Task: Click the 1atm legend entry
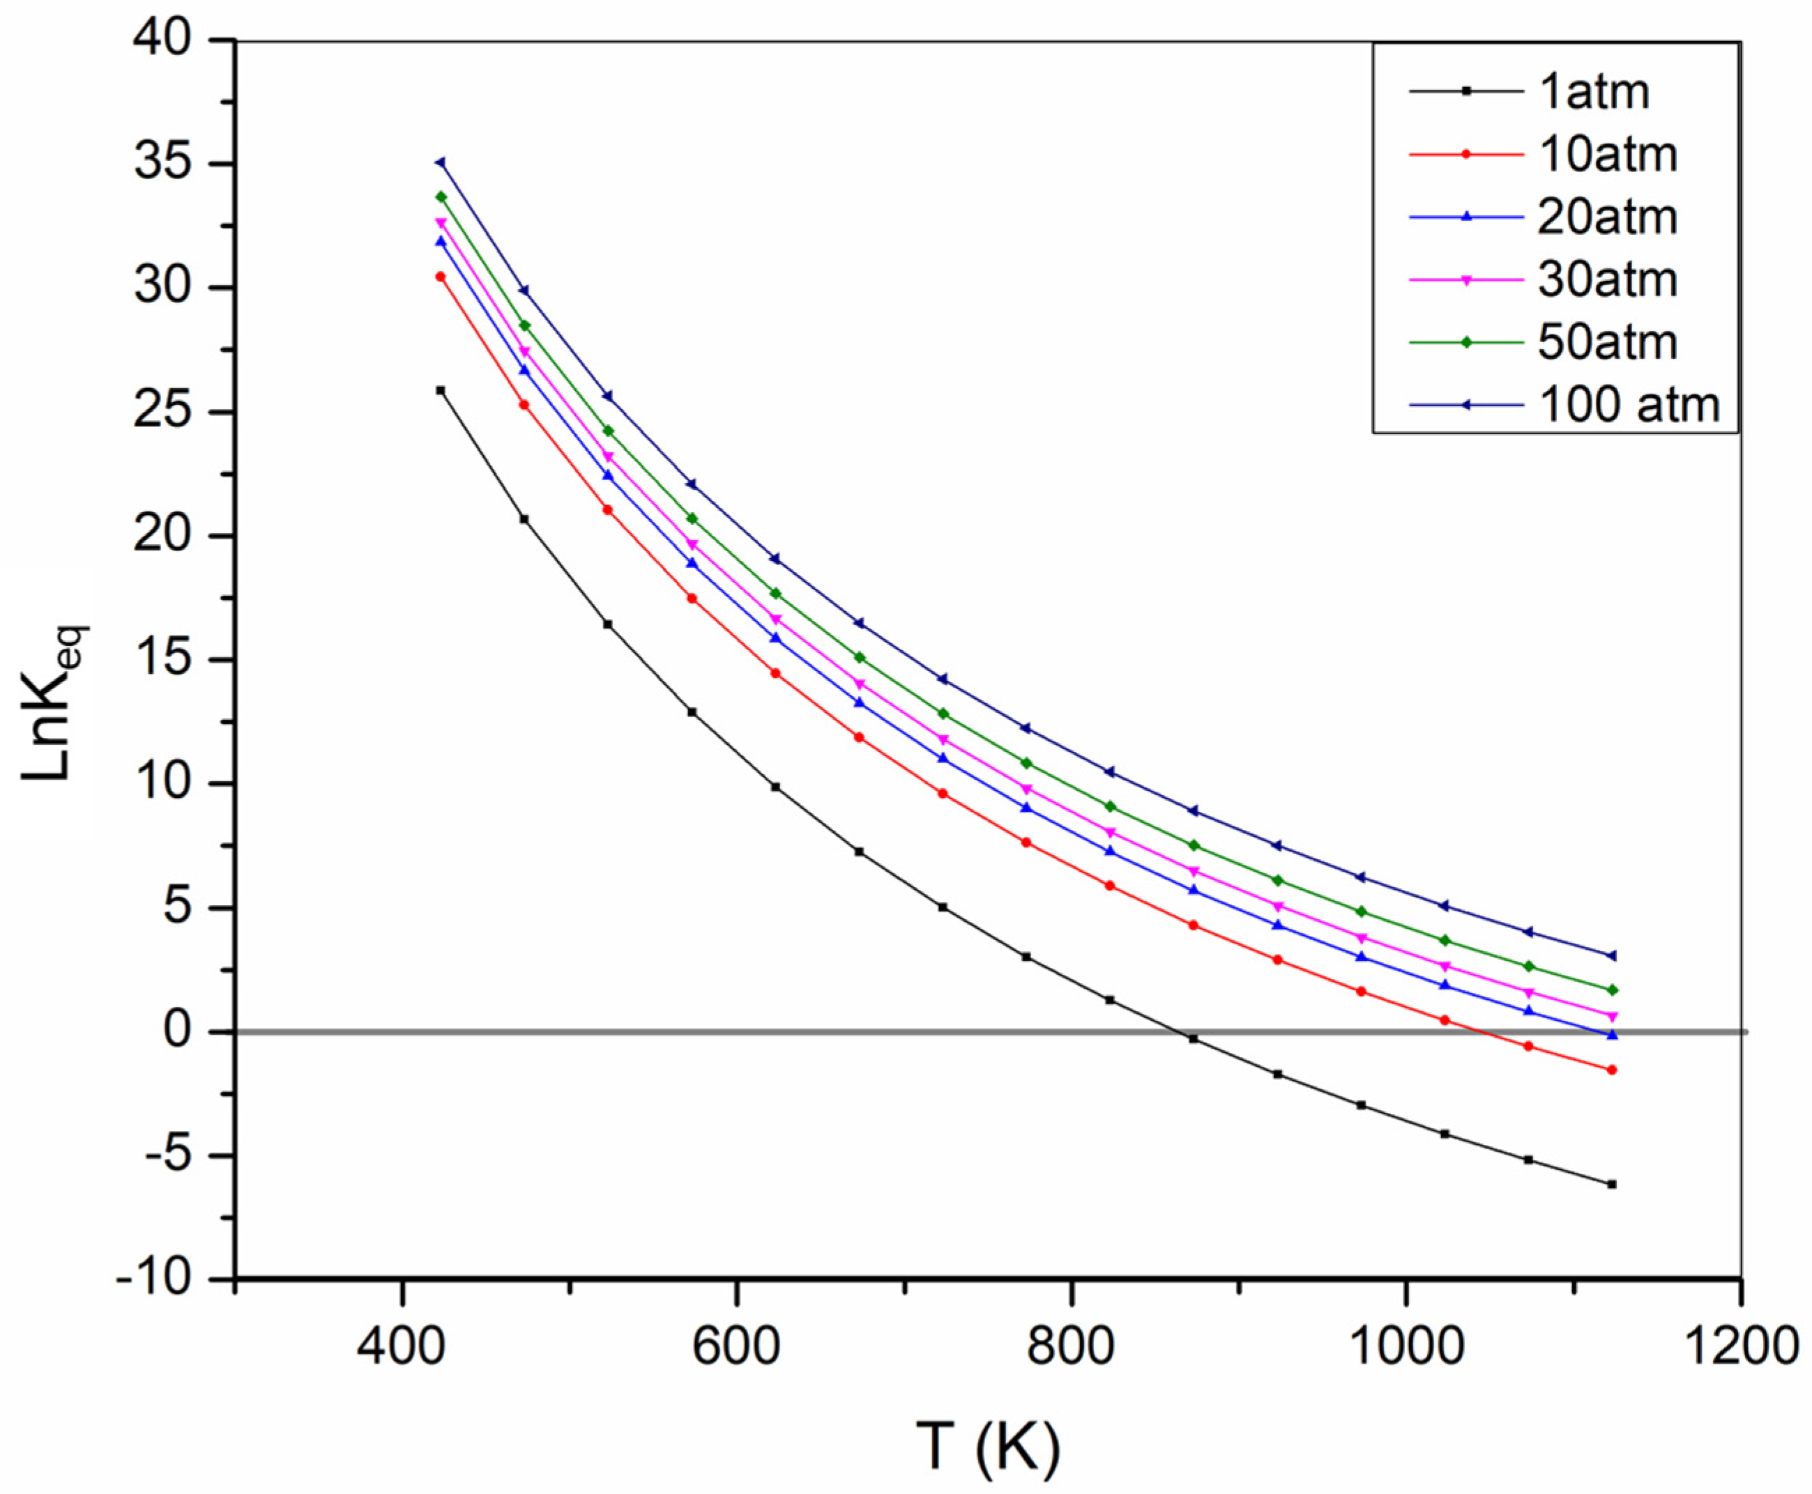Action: coord(1592,92)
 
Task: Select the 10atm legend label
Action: coord(1607,155)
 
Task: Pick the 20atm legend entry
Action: coord(1607,217)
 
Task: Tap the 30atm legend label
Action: coord(1607,279)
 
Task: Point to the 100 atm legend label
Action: coord(1629,404)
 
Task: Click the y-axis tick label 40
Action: coord(172,41)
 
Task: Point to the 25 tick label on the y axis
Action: coord(172,413)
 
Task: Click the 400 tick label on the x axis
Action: coord(402,1347)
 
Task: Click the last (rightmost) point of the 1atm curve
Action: coord(1611,1184)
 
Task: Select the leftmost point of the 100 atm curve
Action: coord(441,162)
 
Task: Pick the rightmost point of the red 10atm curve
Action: coord(1611,1070)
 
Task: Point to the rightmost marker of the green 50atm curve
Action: coord(1611,989)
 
